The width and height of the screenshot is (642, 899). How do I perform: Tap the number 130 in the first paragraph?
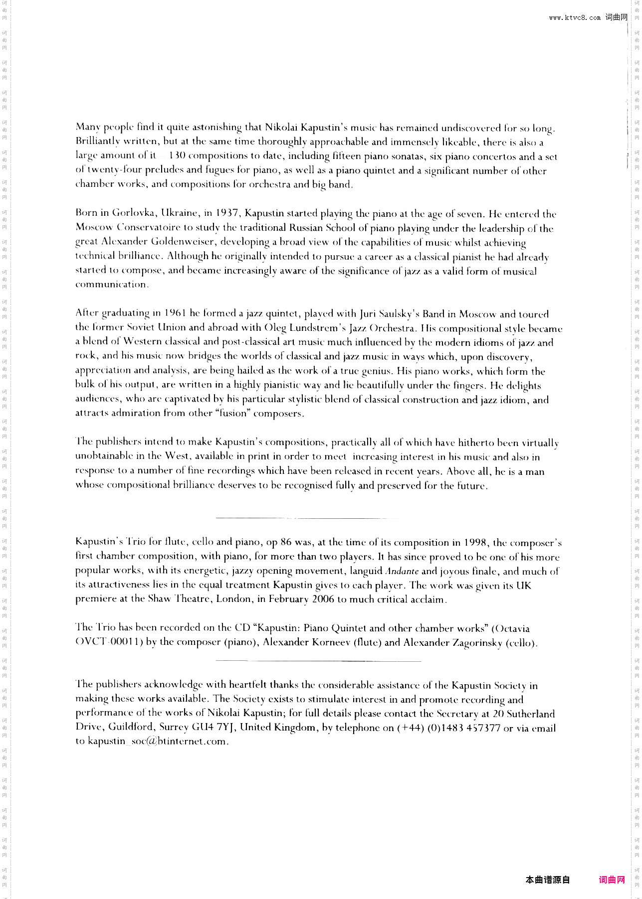[x=177, y=155]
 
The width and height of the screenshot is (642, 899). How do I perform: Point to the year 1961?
[x=175, y=313]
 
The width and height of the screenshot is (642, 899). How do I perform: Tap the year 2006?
[x=323, y=599]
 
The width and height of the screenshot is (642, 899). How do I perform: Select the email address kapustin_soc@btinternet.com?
[x=158, y=742]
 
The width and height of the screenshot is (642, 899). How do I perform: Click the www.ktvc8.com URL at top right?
[x=575, y=17]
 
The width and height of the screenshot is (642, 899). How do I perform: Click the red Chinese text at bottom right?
[x=612, y=880]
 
